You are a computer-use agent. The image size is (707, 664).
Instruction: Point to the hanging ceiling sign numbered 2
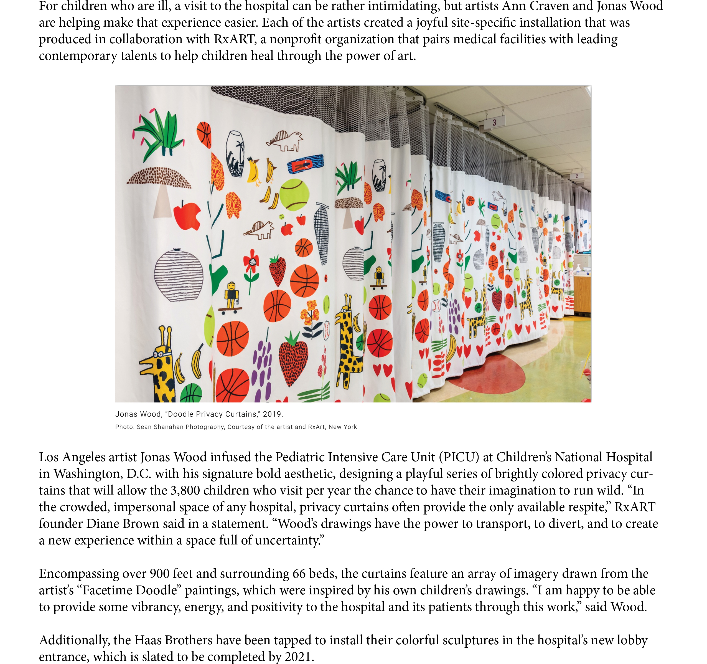coord(576,176)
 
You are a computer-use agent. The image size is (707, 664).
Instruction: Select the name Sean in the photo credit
coord(144,427)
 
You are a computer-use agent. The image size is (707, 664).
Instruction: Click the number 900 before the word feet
coord(160,574)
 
